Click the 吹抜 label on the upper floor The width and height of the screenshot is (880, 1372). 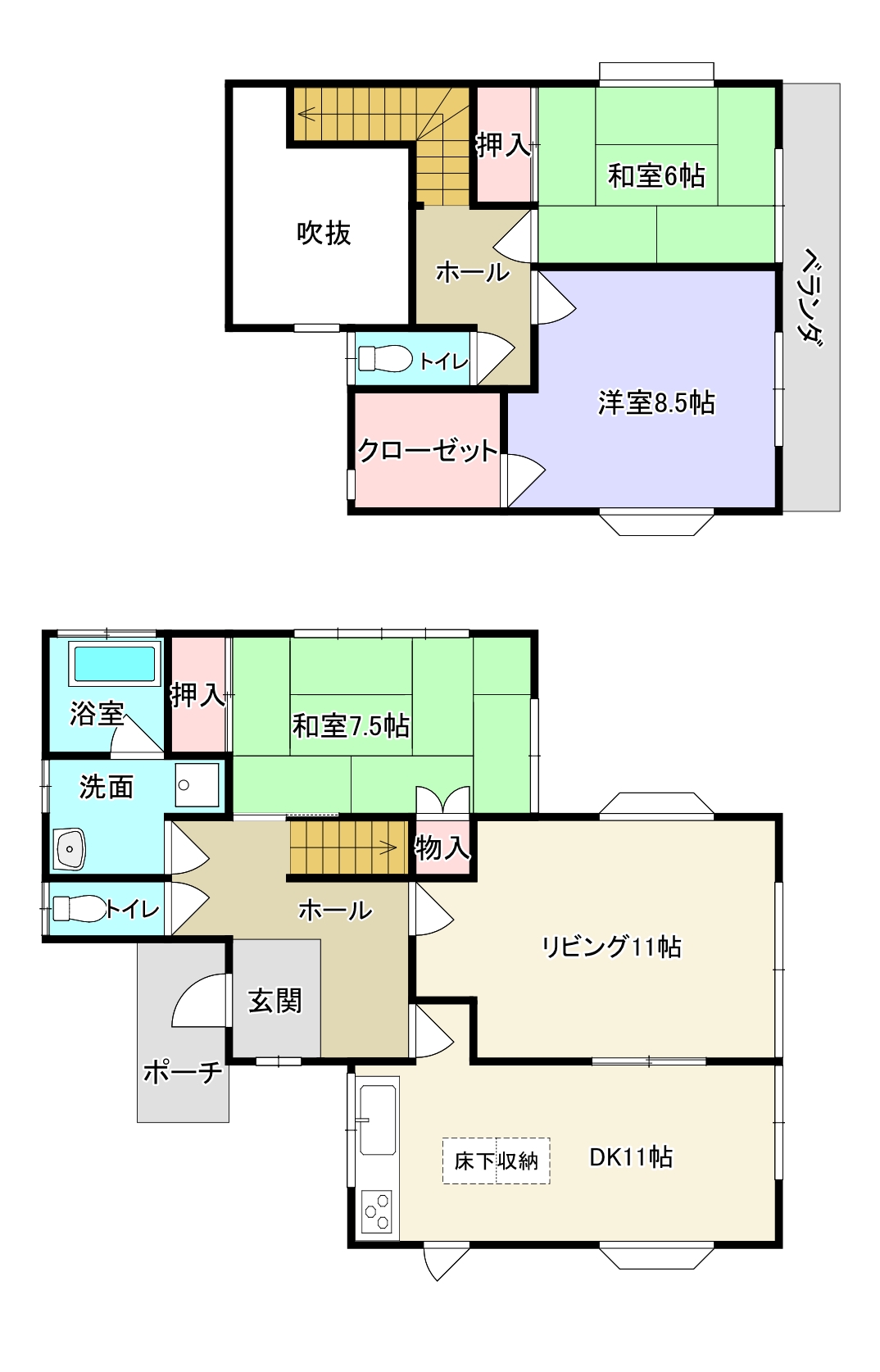click(324, 234)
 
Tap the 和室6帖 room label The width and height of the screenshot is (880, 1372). click(655, 175)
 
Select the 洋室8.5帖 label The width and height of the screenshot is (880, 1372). click(655, 403)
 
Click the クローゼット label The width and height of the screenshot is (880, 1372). click(428, 450)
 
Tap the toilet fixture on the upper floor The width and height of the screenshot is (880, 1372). click(385, 358)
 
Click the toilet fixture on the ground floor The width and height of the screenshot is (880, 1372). click(79, 908)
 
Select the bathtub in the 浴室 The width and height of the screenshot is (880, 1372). click(115, 664)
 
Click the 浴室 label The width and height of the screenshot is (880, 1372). click(97, 713)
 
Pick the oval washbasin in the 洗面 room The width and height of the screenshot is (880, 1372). click(70, 848)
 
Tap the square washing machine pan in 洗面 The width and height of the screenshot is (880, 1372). click(197, 784)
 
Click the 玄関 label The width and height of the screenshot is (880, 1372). click(275, 1001)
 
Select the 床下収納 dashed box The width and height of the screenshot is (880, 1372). click(496, 1161)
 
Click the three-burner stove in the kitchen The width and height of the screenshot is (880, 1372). click(377, 1211)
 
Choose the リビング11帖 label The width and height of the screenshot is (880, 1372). click(611, 947)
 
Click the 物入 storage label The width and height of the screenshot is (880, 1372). click(442, 848)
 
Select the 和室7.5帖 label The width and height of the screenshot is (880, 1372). click(351, 726)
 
